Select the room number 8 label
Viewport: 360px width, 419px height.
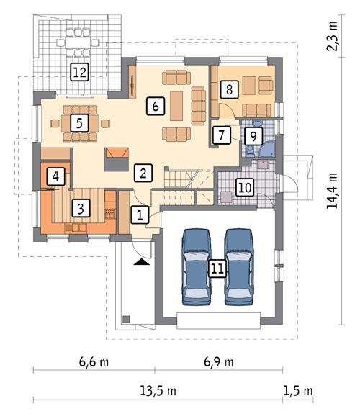pyautogui.click(x=228, y=89)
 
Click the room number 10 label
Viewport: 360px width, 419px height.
pyautogui.click(x=245, y=187)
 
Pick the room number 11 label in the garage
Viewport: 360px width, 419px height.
pyautogui.click(x=217, y=269)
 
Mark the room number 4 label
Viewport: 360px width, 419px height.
pyautogui.click(x=55, y=176)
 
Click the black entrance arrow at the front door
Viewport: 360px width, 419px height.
pyautogui.click(x=142, y=263)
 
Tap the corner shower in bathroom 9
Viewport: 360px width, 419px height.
pyautogui.click(x=267, y=149)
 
